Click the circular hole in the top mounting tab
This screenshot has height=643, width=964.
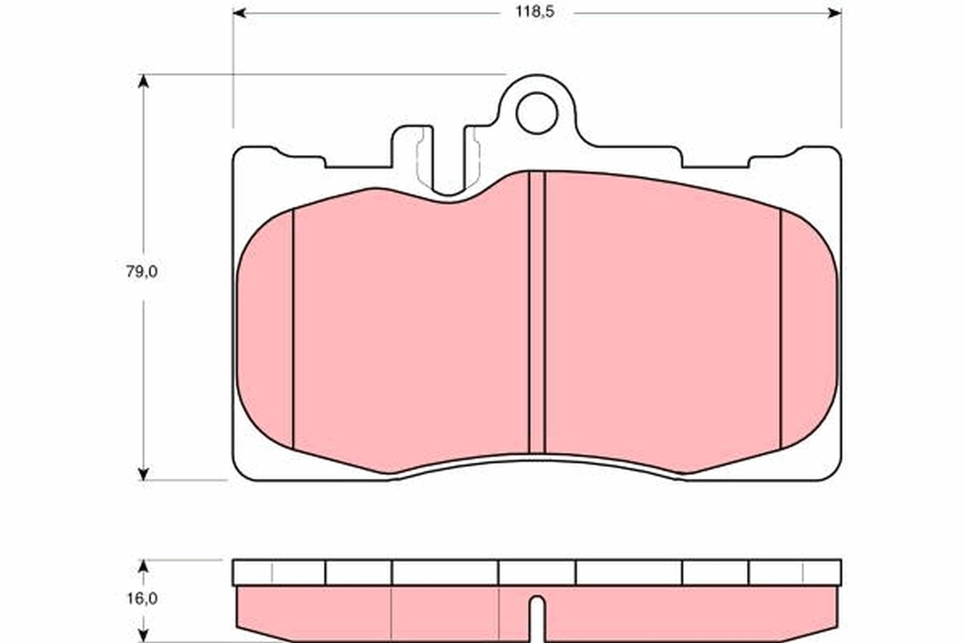click(x=537, y=113)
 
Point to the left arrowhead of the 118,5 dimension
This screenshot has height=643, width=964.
click(x=239, y=13)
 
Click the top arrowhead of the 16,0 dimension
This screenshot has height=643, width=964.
click(x=144, y=566)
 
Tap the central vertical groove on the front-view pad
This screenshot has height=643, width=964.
click(x=537, y=313)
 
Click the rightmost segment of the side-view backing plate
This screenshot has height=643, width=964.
click(x=794, y=572)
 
